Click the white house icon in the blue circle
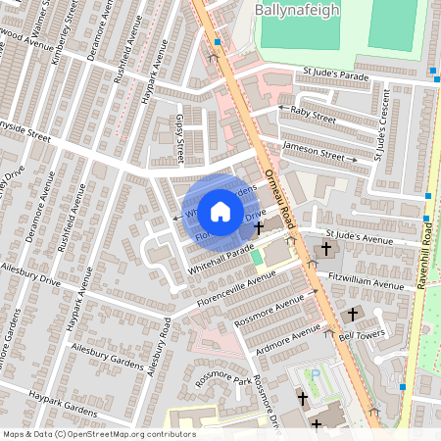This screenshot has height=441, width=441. click(x=220, y=211)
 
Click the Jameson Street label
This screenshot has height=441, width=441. click(x=315, y=150)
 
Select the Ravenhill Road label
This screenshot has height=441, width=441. click(x=428, y=249)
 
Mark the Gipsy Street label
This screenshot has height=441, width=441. click(x=179, y=137)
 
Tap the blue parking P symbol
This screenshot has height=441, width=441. click(x=316, y=373)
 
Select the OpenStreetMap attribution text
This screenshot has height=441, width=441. click(x=98, y=434)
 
